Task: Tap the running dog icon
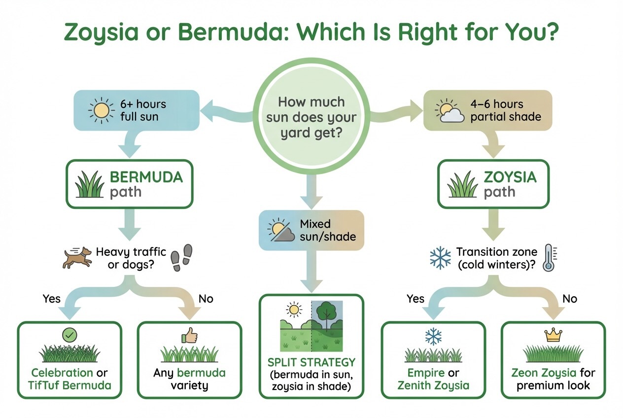tap(77, 257)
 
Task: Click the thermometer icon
tap(548, 257)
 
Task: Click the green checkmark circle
tap(69, 335)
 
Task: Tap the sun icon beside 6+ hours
tap(101, 110)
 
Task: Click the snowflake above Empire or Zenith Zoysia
tap(434, 336)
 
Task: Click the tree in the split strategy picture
tap(325, 313)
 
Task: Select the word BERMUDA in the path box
tap(146, 177)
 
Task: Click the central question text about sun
tap(311, 117)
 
